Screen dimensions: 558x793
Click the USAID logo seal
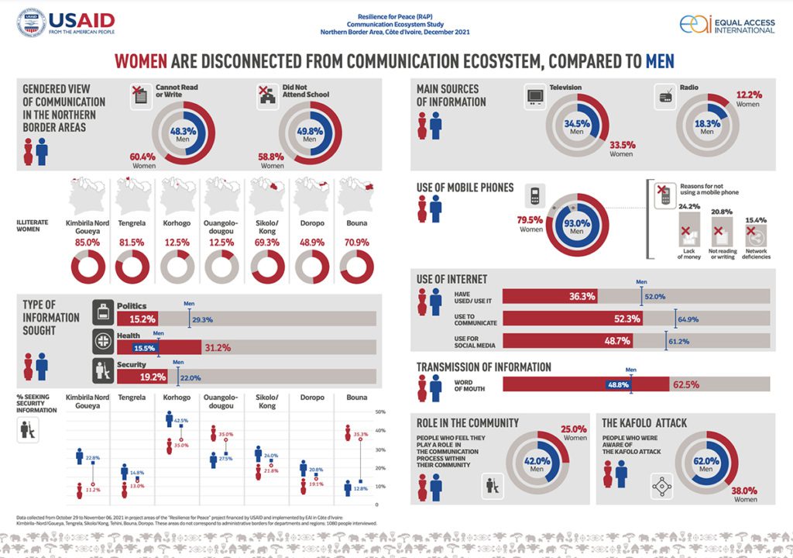point(30,23)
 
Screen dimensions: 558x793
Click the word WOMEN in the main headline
point(142,61)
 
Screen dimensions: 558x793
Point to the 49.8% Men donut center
point(311,136)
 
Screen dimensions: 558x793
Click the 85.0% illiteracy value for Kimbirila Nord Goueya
point(87,243)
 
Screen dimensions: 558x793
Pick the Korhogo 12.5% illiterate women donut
point(177,268)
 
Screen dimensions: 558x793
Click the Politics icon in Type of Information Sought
point(104,313)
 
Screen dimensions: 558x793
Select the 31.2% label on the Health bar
point(218,347)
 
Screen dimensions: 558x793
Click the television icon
point(535,96)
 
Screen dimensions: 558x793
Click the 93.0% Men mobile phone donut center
point(576,227)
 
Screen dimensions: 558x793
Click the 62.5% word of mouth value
point(686,384)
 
